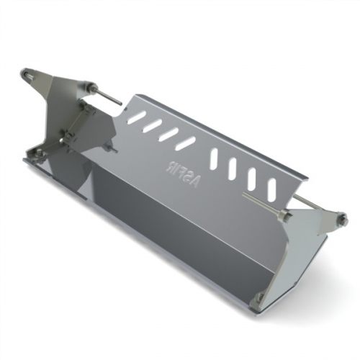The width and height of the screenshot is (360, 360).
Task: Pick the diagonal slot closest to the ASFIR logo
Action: point(186,143)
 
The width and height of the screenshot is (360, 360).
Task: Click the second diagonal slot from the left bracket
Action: point(151,125)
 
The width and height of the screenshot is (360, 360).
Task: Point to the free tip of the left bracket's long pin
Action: point(120,104)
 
